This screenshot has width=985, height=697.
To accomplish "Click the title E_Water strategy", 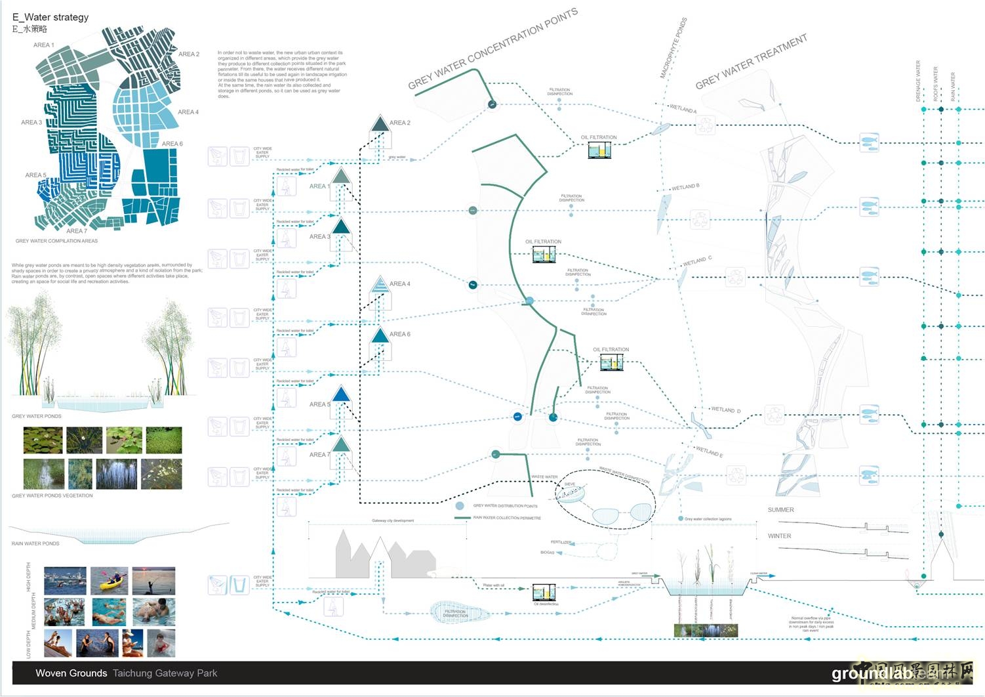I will click(x=50, y=17).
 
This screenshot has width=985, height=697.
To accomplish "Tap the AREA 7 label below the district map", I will click(x=76, y=231).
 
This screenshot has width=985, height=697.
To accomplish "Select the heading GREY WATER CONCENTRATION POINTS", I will click(x=492, y=49).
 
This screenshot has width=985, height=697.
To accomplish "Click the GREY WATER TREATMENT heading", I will click(x=751, y=62).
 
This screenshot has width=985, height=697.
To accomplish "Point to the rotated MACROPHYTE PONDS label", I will click(x=673, y=49).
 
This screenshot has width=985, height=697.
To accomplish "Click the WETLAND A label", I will click(x=683, y=108).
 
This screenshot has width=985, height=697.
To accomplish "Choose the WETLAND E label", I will click(x=709, y=452).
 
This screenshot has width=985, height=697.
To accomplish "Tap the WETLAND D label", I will click(x=725, y=410).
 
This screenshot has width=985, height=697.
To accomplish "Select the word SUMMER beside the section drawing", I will click(x=780, y=510).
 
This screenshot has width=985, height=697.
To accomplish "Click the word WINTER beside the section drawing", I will click(x=779, y=536).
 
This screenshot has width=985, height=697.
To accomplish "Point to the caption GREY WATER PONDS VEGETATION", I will click(x=52, y=496).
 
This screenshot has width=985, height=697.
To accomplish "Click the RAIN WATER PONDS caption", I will click(x=35, y=543).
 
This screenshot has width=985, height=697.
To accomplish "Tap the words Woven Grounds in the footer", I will click(x=71, y=673).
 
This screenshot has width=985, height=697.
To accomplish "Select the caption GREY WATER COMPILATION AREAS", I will click(x=56, y=241).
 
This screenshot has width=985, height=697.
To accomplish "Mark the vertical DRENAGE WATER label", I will click(x=918, y=81).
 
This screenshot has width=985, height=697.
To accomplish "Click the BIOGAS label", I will click(x=547, y=553).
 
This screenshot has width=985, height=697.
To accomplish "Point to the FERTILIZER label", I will click(x=561, y=542).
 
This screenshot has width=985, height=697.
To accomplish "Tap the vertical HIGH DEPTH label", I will click(x=29, y=576).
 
